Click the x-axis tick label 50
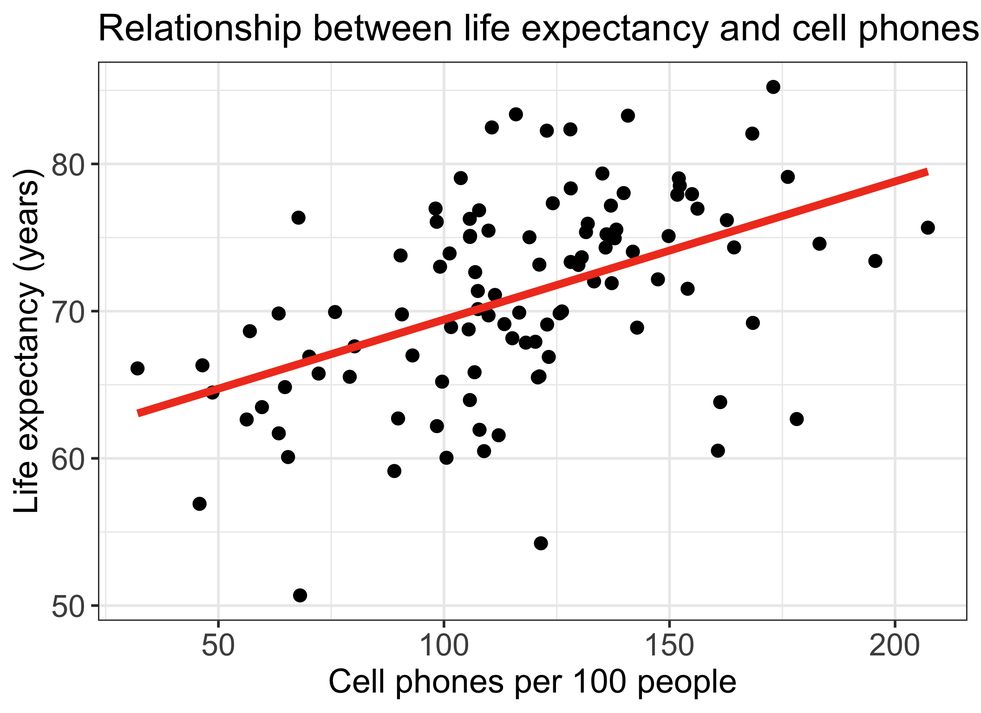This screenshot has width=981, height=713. [218, 646]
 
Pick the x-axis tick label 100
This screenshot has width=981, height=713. [444, 646]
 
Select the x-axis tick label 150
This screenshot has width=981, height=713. [669, 646]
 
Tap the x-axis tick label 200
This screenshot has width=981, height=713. [895, 646]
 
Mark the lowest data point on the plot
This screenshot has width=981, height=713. [300, 595]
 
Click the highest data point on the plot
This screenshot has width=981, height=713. [773, 87]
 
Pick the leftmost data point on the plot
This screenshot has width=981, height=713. [137, 369]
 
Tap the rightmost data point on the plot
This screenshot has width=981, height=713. [928, 227]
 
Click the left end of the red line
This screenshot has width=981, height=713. [138, 413]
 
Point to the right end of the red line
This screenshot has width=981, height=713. [927, 172]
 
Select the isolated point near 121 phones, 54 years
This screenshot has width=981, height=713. [541, 543]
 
